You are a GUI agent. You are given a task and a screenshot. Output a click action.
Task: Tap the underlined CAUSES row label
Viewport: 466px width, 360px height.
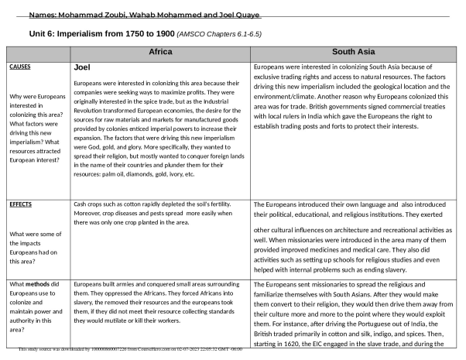[x=21, y=67]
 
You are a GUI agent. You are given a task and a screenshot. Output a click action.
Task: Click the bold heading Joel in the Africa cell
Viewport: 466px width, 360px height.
[x=83, y=68]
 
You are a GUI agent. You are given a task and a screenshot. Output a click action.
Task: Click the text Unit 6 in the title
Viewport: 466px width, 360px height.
[x=45, y=35]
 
